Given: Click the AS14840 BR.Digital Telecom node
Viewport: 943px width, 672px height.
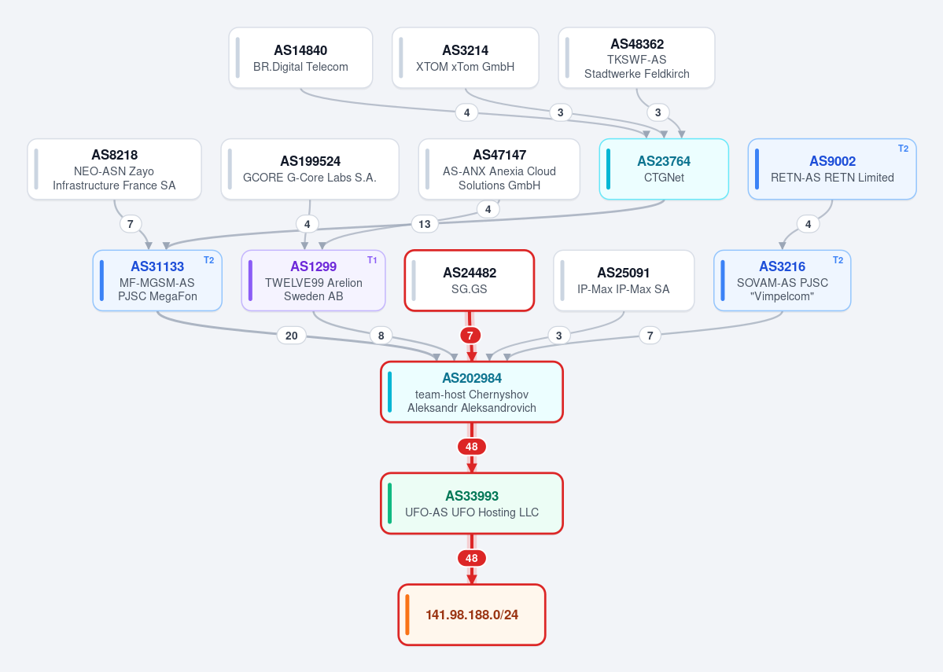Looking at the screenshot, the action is pyautogui.click(x=300, y=57).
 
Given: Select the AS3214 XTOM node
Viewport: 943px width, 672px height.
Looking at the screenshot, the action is pyautogui.click(x=465, y=57).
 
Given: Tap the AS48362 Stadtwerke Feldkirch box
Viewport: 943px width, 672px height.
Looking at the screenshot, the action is pyautogui.click(x=636, y=57).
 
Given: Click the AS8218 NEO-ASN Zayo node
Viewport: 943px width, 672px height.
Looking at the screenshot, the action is pyautogui.click(x=114, y=169).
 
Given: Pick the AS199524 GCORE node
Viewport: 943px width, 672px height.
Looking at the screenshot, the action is pyautogui.click(x=310, y=169).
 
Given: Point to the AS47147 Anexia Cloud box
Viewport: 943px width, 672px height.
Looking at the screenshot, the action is pyautogui.click(x=499, y=169).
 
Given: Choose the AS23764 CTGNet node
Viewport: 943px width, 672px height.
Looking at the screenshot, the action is pyautogui.click(x=664, y=169).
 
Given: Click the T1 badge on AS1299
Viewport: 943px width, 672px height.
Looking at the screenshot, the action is pyautogui.click(x=372, y=260).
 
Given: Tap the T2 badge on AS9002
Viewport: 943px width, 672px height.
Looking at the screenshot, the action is pyautogui.click(x=904, y=149).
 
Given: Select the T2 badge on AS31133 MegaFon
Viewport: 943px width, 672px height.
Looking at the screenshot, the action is pyautogui.click(x=208, y=260).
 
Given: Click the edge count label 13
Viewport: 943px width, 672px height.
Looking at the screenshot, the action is pyautogui.click(x=425, y=224).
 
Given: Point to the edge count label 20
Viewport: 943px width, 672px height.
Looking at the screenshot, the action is pyautogui.click(x=291, y=336).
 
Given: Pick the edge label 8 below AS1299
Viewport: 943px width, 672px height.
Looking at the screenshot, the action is pyautogui.click(x=381, y=336).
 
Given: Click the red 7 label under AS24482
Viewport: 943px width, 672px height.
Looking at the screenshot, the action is pyautogui.click(x=470, y=336).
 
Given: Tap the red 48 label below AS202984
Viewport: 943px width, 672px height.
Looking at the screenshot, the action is pyautogui.click(x=472, y=446).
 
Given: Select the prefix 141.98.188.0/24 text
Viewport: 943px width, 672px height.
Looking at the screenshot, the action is pyautogui.click(x=472, y=615).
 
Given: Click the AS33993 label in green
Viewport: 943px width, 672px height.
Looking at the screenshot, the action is pyautogui.click(x=472, y=496).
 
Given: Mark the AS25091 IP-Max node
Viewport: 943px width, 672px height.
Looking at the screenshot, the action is pyautogui.click(x=624, y=281).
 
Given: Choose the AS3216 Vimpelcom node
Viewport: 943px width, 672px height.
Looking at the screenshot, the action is pyautogui.click(x=783, y=281).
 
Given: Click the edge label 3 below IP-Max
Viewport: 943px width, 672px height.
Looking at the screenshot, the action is pyautogui.click(x=558, y=336).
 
